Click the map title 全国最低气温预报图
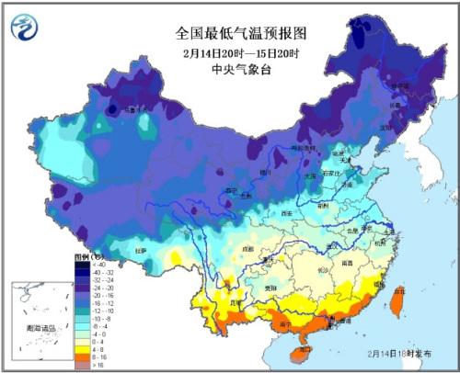[241, 33]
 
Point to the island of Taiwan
[397, 300]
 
